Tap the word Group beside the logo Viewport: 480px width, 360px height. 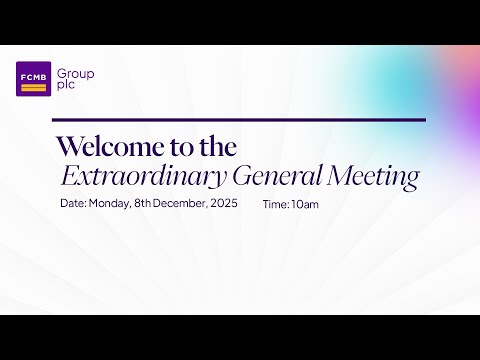[77, 74]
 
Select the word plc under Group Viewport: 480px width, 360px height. [67, 86]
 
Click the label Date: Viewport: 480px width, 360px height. [73, 204]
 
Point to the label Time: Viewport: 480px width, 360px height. [275, 204]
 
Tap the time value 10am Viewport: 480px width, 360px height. [304, 204]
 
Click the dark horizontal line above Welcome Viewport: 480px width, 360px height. [240, 120]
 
